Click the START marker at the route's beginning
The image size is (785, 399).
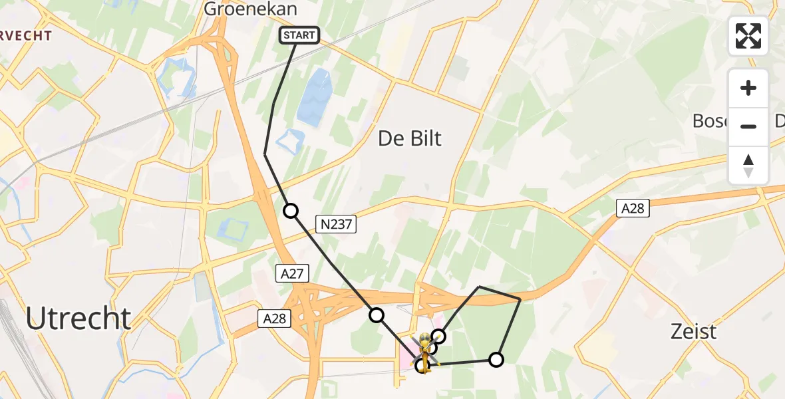(299, 35)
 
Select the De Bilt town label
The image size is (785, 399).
(410, 138)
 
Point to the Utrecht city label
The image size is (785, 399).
(78, 319)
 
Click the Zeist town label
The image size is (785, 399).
(695, 331)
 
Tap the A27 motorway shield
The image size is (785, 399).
(292, 273)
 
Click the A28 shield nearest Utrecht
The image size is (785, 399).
(274, 319)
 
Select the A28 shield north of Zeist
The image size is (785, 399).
(633, 209)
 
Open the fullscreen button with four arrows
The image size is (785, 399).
(748, 36)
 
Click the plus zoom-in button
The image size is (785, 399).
(748, 88)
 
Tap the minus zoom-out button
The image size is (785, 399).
(748, 126)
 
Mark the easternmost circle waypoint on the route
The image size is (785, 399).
(496, 360)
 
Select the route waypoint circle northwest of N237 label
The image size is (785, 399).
(291, 211)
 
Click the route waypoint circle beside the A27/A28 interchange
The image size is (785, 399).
(377, 315)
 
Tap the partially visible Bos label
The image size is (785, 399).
(710, 121)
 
